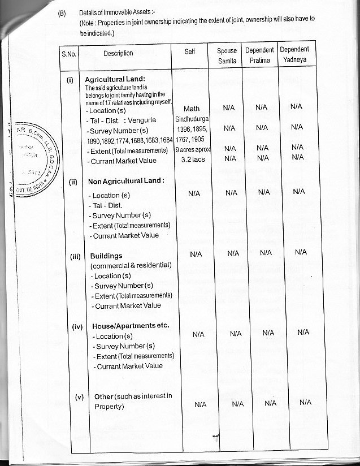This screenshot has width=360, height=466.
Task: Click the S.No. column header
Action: point(69,54)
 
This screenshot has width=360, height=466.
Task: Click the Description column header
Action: point(118,54)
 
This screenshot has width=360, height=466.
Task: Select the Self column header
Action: point(190,51)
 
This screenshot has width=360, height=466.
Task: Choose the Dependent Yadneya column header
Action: point(294,55)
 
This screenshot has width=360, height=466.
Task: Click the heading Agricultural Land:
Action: point(115,79)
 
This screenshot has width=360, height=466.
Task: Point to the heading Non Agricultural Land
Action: point(126,182)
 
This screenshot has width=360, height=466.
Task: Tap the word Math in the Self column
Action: point(192,109)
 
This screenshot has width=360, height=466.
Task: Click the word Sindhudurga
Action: point(192,119)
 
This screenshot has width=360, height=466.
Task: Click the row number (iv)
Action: point(79,326)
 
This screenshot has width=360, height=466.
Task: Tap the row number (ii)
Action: point(73,182)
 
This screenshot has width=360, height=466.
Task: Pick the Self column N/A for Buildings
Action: point(196,253)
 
